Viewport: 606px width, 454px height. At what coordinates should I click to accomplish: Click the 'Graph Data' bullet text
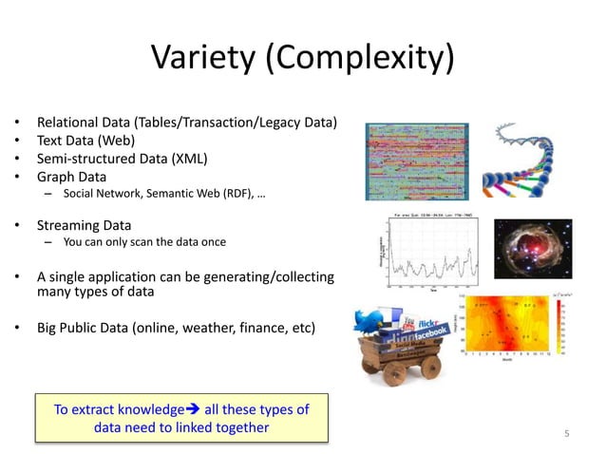71,177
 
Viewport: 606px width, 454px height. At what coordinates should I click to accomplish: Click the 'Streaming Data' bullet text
84,226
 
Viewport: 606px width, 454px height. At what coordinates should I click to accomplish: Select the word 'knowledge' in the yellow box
146,410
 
